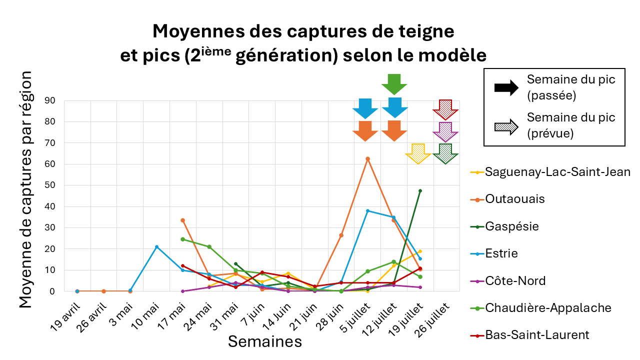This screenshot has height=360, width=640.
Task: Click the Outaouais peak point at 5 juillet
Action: [367, 158]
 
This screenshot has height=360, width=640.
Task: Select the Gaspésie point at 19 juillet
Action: [420, 190]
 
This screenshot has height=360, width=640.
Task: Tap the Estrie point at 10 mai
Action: [156, 247]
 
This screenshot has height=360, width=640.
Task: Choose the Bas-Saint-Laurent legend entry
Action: [537, 334]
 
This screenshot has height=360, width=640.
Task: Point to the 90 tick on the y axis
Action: [52, 101]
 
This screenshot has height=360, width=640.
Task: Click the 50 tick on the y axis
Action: [52, 185]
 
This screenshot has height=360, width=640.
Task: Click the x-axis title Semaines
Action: [265, 341]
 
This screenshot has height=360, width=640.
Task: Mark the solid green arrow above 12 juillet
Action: [394, 83]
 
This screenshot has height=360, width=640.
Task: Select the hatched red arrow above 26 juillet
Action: [445, 109]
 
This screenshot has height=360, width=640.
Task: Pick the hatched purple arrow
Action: [445, 132]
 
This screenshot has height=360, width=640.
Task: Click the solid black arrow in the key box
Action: [506, 88]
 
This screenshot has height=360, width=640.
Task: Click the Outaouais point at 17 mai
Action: [183, 220]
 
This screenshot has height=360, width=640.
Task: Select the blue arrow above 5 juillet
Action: [365, 108]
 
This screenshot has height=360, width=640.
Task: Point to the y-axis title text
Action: [26, 190]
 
